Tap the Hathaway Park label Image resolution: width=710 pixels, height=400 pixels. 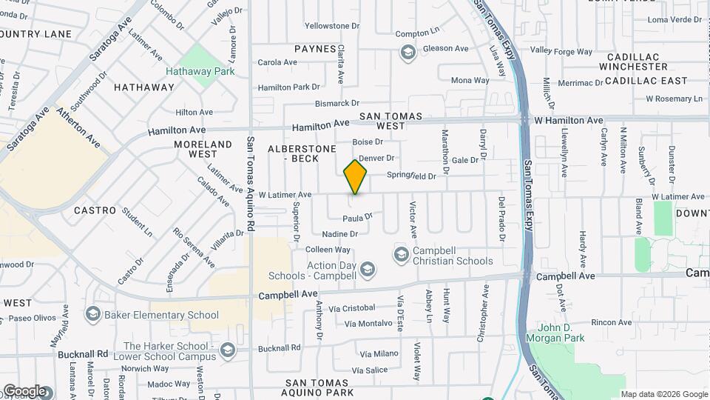(200, 72)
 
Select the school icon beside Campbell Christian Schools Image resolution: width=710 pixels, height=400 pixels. (401, 256)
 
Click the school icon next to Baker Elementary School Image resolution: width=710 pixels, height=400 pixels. (92, 315)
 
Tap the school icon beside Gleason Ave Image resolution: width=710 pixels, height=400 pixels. (406, 52)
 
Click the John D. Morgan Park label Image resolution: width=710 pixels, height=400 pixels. (561, 333)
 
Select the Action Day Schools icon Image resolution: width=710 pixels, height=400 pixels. (368, 270)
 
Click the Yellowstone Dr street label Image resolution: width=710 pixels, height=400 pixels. (331, 26)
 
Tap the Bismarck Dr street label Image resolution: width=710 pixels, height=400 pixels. (337, 104)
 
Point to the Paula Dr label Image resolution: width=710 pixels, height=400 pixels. (357, 218)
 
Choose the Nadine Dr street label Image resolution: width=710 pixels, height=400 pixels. (340, 234)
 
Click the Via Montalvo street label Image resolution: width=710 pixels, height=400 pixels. (368, 323)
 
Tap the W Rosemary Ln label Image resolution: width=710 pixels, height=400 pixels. (674, 99)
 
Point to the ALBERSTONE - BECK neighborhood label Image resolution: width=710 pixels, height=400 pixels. (293, 153)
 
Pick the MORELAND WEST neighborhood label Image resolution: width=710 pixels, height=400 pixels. (203, 149)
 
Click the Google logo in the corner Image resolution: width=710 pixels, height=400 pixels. (24, 390)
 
